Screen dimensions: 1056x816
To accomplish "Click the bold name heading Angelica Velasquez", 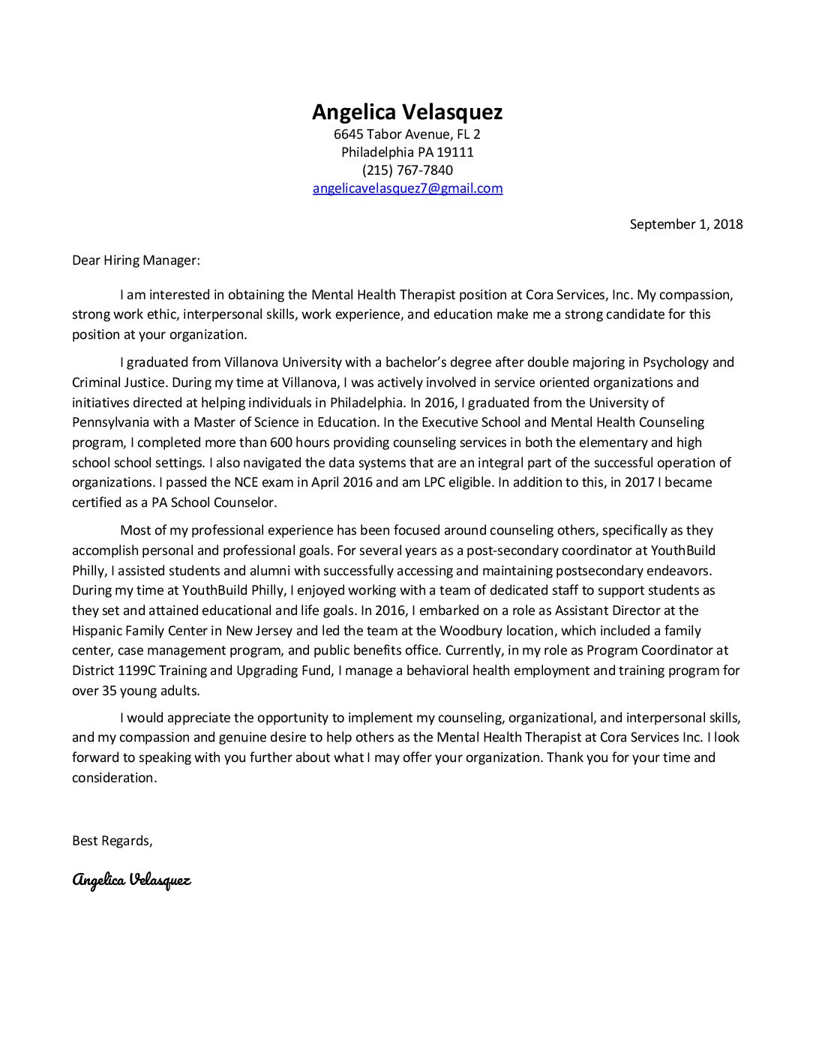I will point(407,112).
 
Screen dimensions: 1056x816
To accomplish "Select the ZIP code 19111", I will point(456,152).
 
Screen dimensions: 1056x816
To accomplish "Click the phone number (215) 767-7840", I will point(407,170).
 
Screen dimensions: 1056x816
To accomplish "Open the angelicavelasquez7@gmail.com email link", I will point(407,188).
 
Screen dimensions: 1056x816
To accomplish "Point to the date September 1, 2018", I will point(686,224).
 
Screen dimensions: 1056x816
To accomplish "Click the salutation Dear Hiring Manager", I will point(136,261).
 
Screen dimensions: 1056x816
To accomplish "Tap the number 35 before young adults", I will point(109,691).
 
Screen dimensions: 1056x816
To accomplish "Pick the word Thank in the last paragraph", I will point(563,757).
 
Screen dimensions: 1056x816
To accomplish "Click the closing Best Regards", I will point(112,841).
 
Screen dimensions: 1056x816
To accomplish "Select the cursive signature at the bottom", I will point(132,879).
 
